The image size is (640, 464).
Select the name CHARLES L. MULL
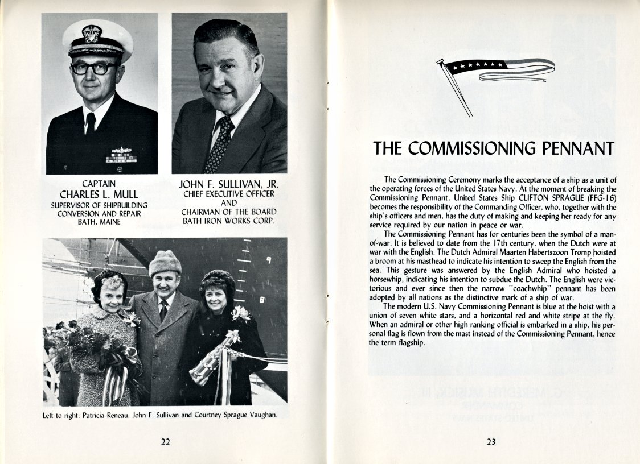coord(100,194)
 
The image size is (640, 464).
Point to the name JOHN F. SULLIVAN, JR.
coord(229,185)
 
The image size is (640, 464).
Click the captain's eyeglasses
coord(94,68)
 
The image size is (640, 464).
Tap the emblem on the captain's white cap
coord(92,34)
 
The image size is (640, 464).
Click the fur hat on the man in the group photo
coord(165,263)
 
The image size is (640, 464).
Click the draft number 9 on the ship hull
coord(268,261)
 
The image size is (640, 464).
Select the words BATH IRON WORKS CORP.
coord(229,221)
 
